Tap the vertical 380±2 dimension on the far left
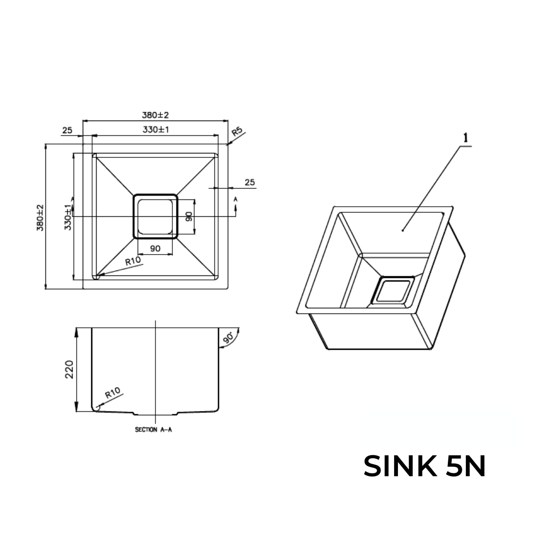[40, 217]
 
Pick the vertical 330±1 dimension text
[68, 217]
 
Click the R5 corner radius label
[238, 132]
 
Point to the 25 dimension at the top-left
[67, 131]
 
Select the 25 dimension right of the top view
[250, 182]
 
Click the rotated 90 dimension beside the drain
[189, 216]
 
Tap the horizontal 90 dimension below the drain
[155, 248]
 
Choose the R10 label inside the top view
[133, 261]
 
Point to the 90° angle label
[229, 338]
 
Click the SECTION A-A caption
[153, 430]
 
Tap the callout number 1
[466, 138]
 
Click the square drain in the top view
[155, 216]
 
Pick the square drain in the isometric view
[393, 291]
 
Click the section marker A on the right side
[236, 199]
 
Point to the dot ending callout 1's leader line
[403, 230]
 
